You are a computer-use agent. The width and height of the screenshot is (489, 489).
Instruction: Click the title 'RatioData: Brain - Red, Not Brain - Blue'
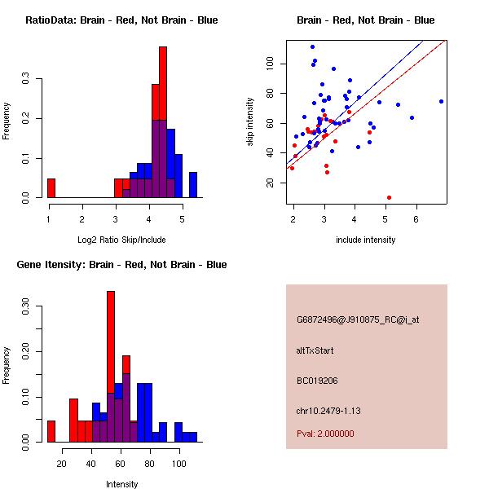coord(121,20)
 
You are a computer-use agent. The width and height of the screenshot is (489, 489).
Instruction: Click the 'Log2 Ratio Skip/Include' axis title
coord(121,240)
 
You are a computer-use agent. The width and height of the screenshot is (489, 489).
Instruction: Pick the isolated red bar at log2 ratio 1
coord(51,187)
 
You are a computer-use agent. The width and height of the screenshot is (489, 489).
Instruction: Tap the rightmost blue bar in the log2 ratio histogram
coord(193,185)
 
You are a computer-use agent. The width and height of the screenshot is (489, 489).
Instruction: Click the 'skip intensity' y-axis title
coord(251,122)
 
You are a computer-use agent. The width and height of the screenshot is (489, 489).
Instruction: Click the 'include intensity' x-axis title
coord(366,240)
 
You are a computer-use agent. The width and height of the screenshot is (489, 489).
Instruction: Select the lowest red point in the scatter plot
coord(389,197)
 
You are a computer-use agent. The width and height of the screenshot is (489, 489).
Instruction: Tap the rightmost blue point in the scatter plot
coord(441,101)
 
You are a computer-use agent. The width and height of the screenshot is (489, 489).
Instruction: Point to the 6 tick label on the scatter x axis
coord(416,219)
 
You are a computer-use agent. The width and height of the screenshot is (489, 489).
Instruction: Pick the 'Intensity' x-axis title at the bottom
coord(121,484)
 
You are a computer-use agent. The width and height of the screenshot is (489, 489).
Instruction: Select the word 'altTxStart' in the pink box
coord(315,350)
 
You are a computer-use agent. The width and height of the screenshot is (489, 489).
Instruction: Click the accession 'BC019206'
coord(317,380)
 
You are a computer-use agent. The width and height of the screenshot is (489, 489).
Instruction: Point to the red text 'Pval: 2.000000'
coord(325,434)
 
